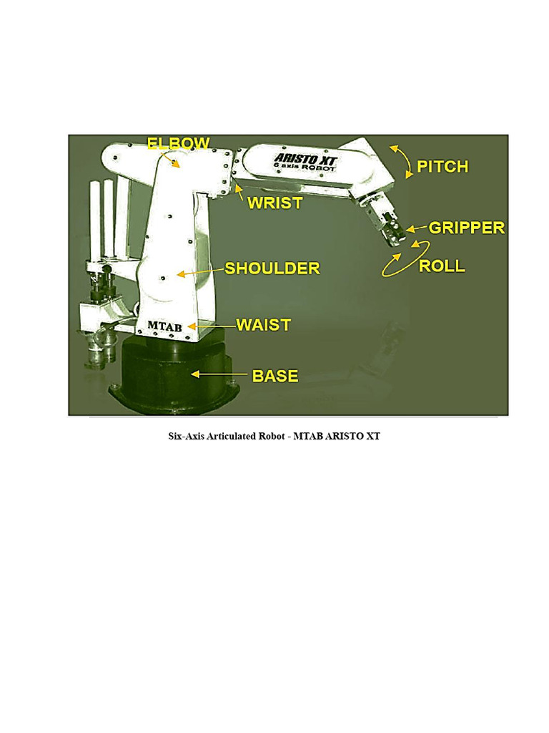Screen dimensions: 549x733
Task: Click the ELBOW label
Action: tap(178, 143)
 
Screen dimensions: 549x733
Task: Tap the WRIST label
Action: tap(275, 203)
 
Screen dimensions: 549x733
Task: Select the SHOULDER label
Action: tap(272, 268)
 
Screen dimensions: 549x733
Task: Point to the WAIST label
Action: tap(264, 325)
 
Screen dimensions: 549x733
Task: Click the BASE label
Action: tap(275, 376)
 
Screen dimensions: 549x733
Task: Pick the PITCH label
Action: tap(442, 166)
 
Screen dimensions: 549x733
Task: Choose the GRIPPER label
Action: tap(467, 228)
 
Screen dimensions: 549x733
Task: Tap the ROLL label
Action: tap(442, 266)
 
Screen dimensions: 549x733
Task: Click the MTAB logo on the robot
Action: tap(165, 326)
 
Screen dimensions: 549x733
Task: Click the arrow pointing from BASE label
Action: tap(219, 374)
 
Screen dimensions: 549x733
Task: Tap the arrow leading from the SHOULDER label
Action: tap(201, 272)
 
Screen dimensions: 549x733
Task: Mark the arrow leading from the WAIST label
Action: tap(212, 326)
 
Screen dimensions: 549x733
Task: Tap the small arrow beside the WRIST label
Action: tap(239, 192)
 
